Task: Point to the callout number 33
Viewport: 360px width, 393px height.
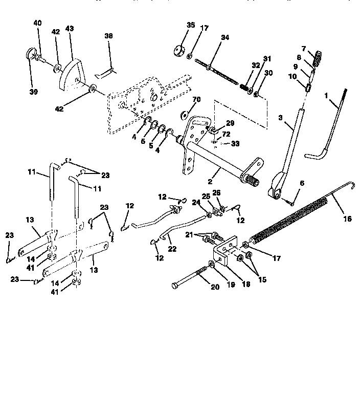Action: (x=235, y=144)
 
